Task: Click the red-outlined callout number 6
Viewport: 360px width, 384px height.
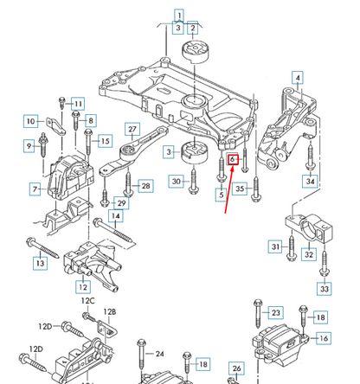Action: (x=233, y=160)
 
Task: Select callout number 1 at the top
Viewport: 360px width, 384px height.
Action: (x=178, y=15)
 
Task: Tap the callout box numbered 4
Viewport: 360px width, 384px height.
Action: (x=298, y=79)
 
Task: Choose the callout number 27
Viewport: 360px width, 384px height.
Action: (x=132, y=131)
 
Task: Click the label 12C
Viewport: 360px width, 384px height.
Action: (x=87, y=301)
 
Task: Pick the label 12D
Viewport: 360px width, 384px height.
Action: (x=46, y=326)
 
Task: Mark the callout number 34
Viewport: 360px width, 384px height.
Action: (x=309, y=181)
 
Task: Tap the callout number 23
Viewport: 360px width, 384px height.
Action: (x=275, y=312)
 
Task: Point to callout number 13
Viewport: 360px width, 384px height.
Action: (x=40, y=262)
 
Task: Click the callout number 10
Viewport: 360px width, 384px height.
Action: (x=30, y=121)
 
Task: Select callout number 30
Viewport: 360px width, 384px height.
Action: (x=176, y=181)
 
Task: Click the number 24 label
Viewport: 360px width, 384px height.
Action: (x=159, y=354)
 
